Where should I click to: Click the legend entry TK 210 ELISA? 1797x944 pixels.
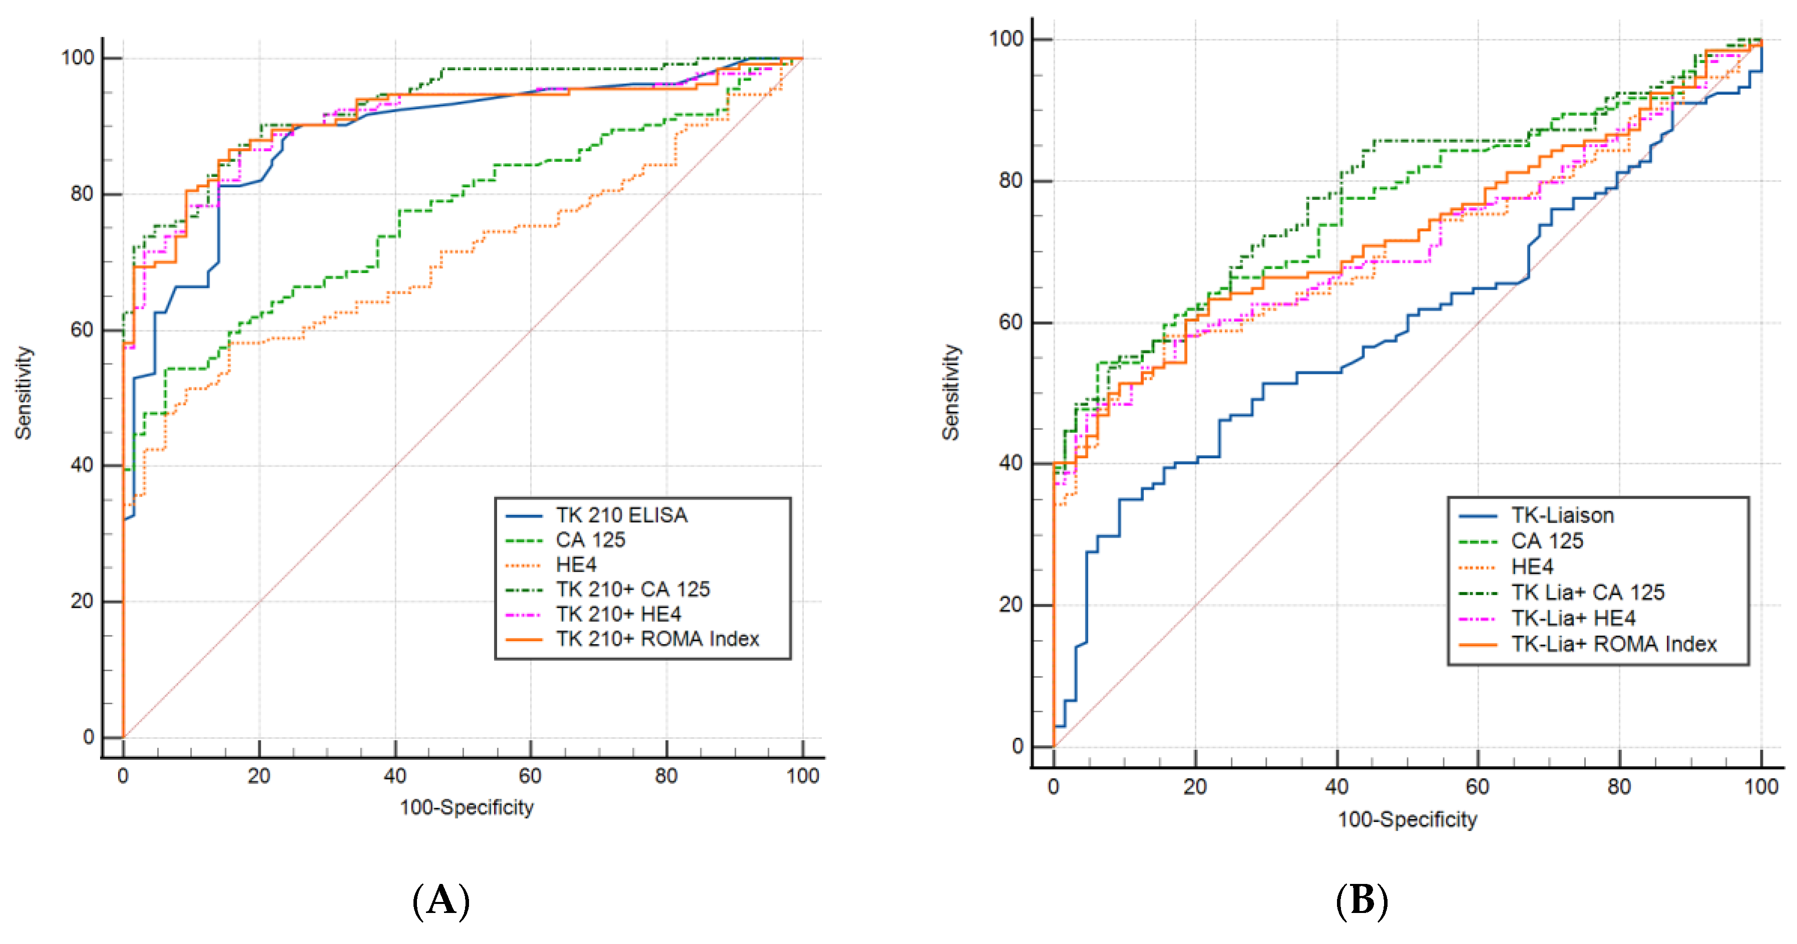[x=621, y=515]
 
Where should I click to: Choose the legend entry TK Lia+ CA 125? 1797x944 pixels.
[x=1587, y=592]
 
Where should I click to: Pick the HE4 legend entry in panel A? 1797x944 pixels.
[x=576, y=565]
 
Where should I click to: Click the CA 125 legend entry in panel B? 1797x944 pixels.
[x=1547, y=541]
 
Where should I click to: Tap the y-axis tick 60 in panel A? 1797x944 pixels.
[x=82, y=329]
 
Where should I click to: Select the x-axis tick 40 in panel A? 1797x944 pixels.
[x=395, y=776]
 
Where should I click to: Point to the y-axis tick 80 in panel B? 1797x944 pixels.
[x=1010, y=181]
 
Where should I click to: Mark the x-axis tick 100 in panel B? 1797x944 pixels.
[x=1761, y=787]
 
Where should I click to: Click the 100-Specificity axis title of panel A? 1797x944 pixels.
[x=466, y=807]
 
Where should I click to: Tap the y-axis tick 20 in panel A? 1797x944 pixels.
[x=82, y=601]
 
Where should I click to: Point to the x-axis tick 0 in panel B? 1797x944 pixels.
[x=1053, y=787]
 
